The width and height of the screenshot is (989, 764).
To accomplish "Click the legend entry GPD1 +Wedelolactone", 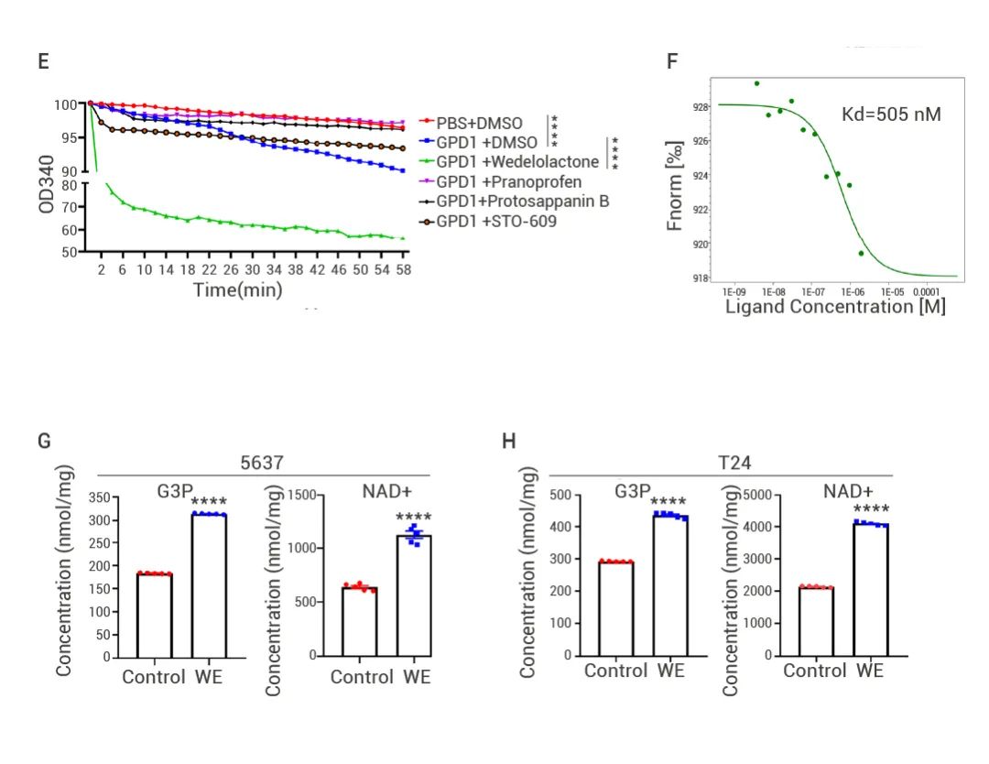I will point(517,162).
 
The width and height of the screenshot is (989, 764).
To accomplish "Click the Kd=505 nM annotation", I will point(891,115).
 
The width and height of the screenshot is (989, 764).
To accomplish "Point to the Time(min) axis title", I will point(237,289).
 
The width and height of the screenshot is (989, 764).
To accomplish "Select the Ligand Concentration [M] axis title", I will point(835,306).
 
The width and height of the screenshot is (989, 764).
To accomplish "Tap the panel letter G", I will point(43,442).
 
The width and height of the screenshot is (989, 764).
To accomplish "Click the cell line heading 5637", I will point(261,464).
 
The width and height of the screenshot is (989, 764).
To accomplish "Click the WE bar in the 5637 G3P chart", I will point(210,586).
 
